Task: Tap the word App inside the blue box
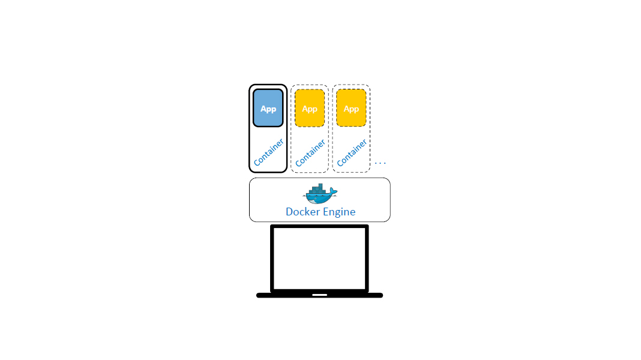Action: pyautogui.click(x=268, y=109)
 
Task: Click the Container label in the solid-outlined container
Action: pyautogui.click(x=268, y=152)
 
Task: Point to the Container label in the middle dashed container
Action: pyautogui.click(x=310, y=153)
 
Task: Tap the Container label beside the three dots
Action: pyautogui.click(x=352, y=153)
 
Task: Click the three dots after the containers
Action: pyautogui.click(x=381, y=163)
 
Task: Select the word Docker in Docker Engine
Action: pyautogui.click(x=302, y=212)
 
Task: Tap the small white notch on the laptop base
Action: pyautogui.click(x=320, y=295)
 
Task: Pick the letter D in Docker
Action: pyautogui.click(x=290, y=212)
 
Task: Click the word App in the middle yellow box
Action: pyautogui.click(x=310, y=109)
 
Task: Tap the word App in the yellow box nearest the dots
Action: pyautogui.click(x=351, y=109)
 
